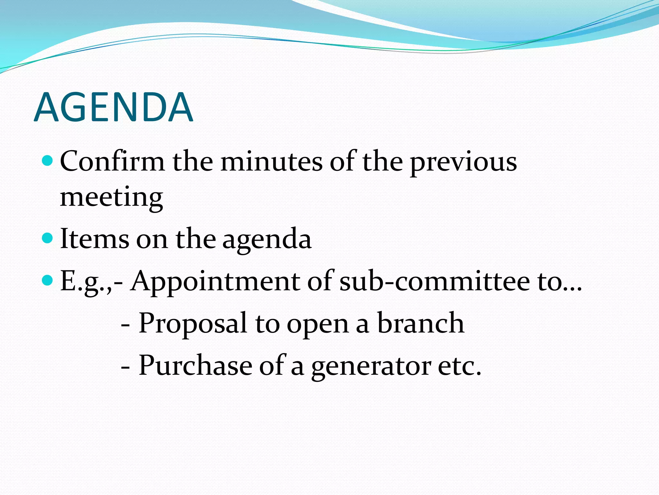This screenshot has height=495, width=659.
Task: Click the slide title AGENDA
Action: tap(113, 107)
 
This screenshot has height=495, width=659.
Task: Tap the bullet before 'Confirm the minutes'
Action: tap(47, 160)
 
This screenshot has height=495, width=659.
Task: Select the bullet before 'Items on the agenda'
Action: tap(47, 238)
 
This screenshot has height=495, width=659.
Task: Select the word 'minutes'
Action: tap(271, 161)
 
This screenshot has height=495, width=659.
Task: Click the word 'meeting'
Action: tap(111, 197)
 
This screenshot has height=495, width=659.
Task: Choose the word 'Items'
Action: tap(95, 239)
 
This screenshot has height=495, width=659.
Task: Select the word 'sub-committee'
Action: tap(435, 281)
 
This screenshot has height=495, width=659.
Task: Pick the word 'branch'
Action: tap(421, 323)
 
